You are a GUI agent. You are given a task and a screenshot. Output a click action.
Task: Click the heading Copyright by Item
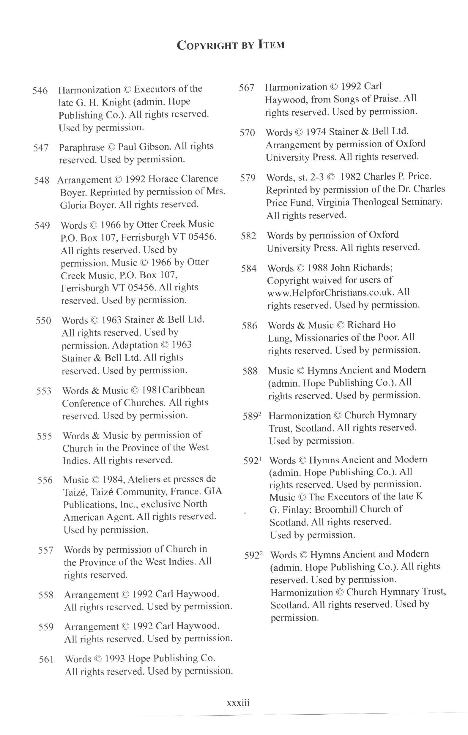point(231,45)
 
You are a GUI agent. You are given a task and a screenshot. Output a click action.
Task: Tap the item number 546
point(40,91)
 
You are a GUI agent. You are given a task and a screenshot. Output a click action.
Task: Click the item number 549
point(42,226)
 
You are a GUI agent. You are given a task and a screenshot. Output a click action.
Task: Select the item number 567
point(247,88)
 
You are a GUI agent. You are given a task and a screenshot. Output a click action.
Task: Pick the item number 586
point(249,326)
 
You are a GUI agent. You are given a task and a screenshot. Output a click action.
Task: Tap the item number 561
point(46,660)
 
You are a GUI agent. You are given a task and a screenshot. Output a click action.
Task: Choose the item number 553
point(44,391)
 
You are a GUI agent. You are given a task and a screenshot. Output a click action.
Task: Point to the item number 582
point(248,236)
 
